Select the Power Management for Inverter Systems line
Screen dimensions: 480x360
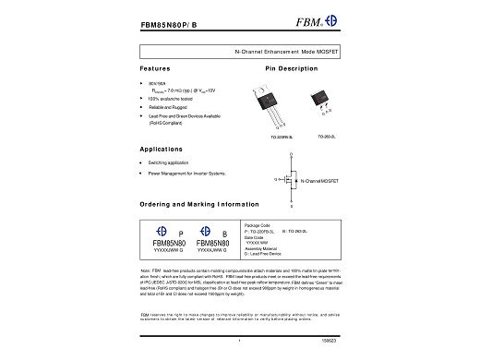click(x=186, y=173)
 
